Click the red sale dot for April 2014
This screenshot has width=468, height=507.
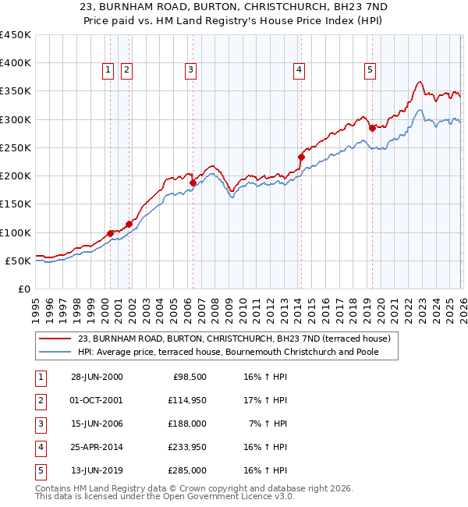(301, 157)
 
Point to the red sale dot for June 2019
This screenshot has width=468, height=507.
(372, 128)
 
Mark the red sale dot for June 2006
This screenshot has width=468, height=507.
(193, 183)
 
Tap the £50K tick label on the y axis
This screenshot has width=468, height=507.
(18, 261)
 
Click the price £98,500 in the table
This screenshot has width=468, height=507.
(189, 377)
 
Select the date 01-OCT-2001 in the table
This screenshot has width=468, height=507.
(97, 400)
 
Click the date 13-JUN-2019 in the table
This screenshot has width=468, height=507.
(97, 470)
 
